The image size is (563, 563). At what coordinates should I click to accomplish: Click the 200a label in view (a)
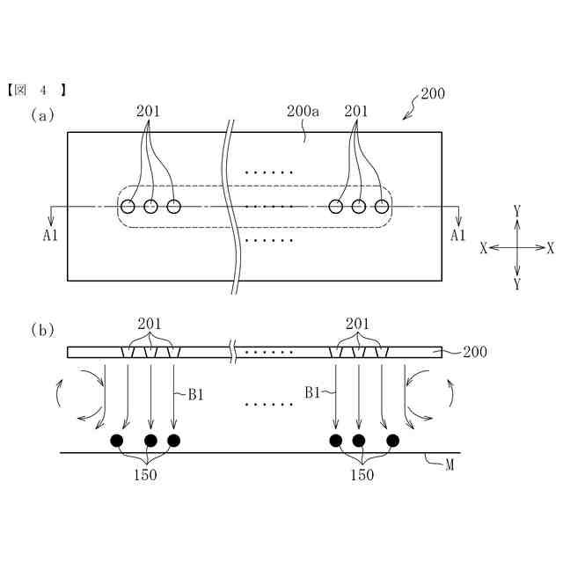tap(303, 112)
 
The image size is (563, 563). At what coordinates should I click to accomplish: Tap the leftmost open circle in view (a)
tap(128, 207)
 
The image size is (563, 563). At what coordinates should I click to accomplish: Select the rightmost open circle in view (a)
tap(382, 207)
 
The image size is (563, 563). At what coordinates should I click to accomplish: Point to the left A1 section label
tap(49, 236)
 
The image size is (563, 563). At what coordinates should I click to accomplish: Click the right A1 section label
tap(457, 236)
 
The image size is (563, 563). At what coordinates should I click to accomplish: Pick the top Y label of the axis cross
tap(517, 211)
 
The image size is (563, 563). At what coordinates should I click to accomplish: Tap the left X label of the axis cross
tap(484, 248)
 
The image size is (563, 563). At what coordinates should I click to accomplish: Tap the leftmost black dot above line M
tap(115, 440)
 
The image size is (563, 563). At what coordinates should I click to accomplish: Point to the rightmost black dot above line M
tap(392, 440)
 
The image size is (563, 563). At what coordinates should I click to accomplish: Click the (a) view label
tap(42, 114)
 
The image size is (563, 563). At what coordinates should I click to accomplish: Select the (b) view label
tap(42, 330)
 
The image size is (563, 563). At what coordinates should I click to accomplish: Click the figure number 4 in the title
tap(41, 90)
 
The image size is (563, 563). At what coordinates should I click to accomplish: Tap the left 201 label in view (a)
tap(149, 112)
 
